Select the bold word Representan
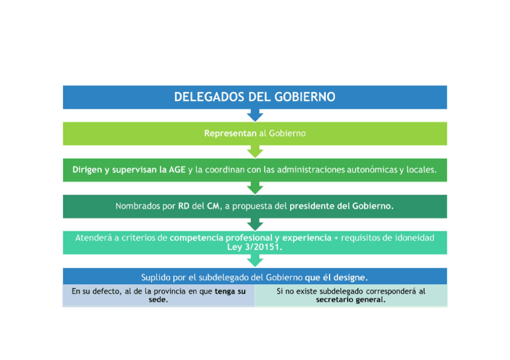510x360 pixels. coord(230,133)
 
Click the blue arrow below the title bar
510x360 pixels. coord(255,115)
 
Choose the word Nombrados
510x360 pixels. coord(141,206)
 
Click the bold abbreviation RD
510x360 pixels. coord(184,206)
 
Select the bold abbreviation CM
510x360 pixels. coord(214,206)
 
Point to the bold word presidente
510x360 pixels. coord(312,206)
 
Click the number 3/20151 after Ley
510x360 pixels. coord(265,247)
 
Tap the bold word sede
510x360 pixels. coord(158,299)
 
